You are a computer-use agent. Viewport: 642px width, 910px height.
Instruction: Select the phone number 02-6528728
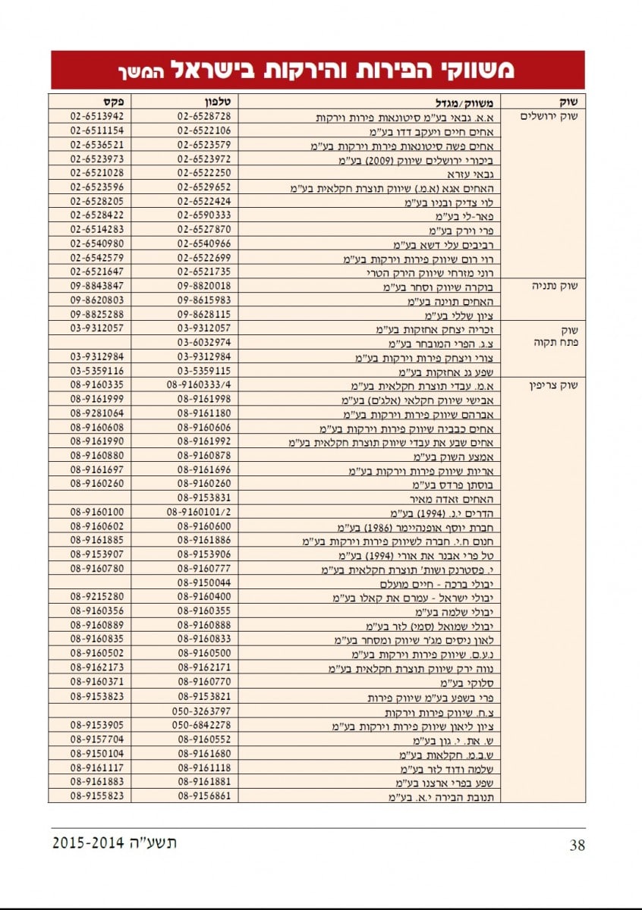204,117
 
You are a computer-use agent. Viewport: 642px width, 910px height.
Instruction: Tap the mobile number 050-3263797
204,712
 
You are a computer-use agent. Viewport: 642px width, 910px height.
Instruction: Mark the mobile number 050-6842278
204,726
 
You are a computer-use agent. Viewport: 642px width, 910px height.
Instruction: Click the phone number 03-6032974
204,344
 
